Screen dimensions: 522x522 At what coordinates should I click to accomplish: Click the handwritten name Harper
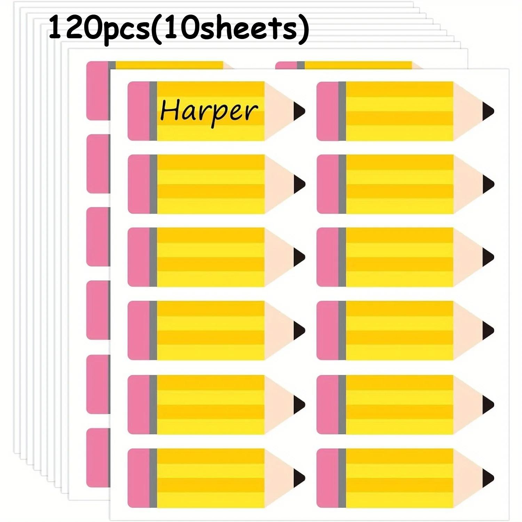[209, 111]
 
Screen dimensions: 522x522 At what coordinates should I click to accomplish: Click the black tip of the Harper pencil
[299, 111]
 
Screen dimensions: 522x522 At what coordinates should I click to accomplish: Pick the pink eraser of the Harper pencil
[139, 111]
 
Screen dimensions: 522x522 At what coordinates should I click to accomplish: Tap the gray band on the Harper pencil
[153, 111]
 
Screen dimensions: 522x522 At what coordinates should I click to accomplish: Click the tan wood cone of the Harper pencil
[280, 111]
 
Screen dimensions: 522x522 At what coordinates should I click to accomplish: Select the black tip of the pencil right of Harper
[488, 111]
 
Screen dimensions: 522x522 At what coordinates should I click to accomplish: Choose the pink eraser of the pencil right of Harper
[327, 111]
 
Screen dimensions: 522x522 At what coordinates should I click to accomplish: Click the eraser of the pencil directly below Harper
[139, 184]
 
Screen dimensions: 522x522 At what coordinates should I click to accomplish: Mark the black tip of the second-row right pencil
[488, 184]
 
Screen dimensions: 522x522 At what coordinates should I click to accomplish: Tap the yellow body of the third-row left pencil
[211, 257]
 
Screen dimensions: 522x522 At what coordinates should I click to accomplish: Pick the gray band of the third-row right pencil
[342, 257]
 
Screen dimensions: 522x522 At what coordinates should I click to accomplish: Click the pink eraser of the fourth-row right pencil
[327, 330]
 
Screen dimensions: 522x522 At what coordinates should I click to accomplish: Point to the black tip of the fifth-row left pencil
[299, 404]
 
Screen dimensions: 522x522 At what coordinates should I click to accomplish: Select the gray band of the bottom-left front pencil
[153, 478]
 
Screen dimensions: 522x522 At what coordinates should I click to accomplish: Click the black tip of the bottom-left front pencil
[299, 478]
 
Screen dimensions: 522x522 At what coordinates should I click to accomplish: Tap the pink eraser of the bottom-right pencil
[327, 478]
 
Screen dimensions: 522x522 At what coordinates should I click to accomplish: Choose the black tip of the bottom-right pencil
[488, 478]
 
